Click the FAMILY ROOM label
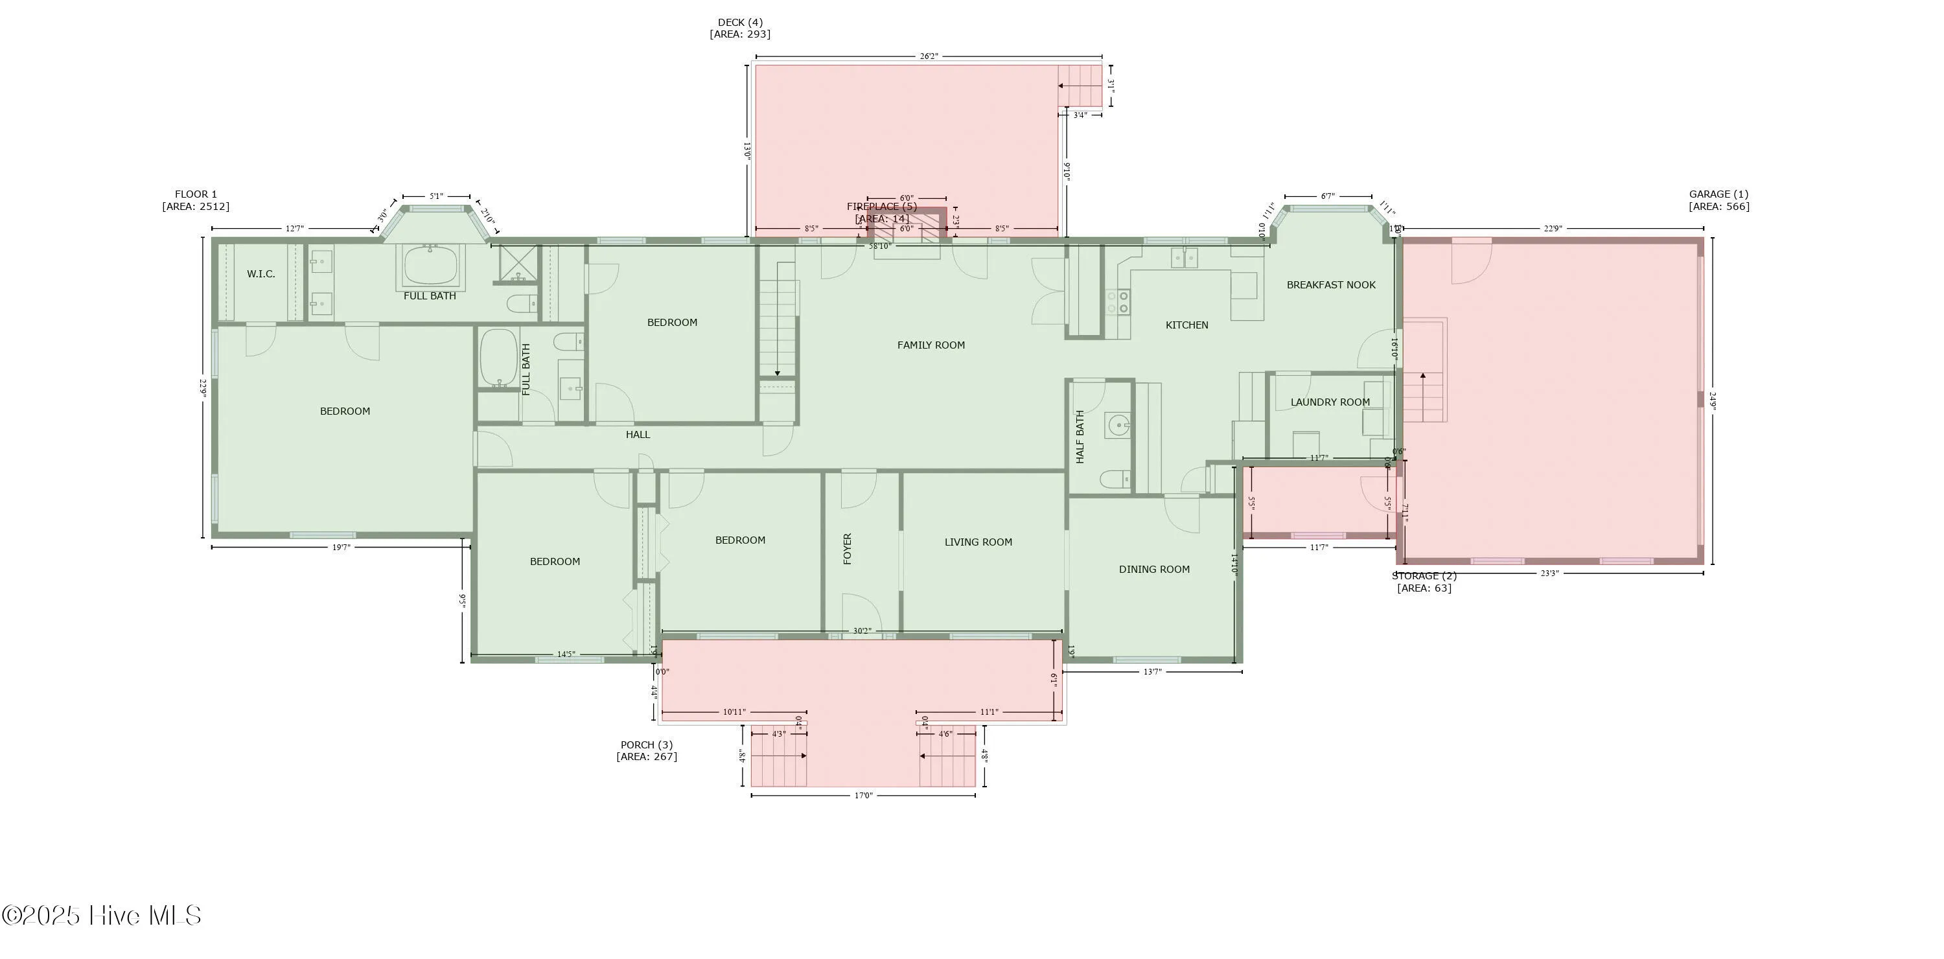pos(931,345)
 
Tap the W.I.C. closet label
pos(261,274)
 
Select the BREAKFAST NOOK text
pos(1330,285)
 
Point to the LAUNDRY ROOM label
pos(1330,402)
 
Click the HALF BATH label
pos(1080,437)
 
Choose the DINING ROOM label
pos(1154,570)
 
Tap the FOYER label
pos(848,549)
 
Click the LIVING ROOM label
pos(978,542)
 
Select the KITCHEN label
pos(1186,325)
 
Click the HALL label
pos(638,435)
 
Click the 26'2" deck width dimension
pos(928,56)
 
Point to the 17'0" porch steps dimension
pos(862,795)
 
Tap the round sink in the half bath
pos(1117,426)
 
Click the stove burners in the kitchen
pos(1118,303)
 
